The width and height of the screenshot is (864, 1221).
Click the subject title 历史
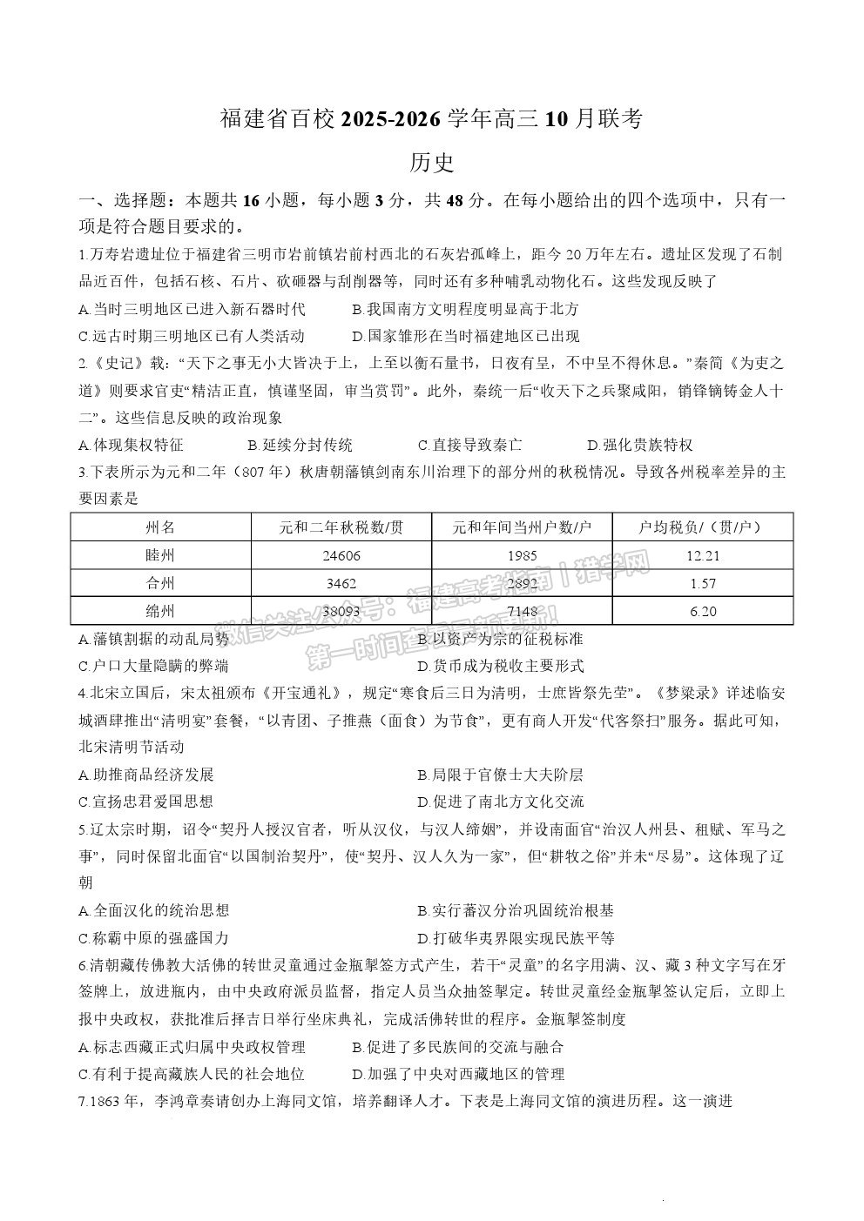click(x=431, y=162)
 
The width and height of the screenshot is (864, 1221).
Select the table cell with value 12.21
click(x=703, y=555)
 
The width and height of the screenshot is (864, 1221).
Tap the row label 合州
click(x=161, y=583)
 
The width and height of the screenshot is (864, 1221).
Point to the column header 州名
click(x=161, y=527)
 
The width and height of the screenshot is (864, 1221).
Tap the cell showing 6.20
click(x=703, y=611)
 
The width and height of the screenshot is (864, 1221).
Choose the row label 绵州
click(x=161, y=611)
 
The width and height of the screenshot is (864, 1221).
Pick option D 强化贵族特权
click(x=640, y=446)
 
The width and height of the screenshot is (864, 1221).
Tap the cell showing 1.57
click(x=703, y=583)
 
